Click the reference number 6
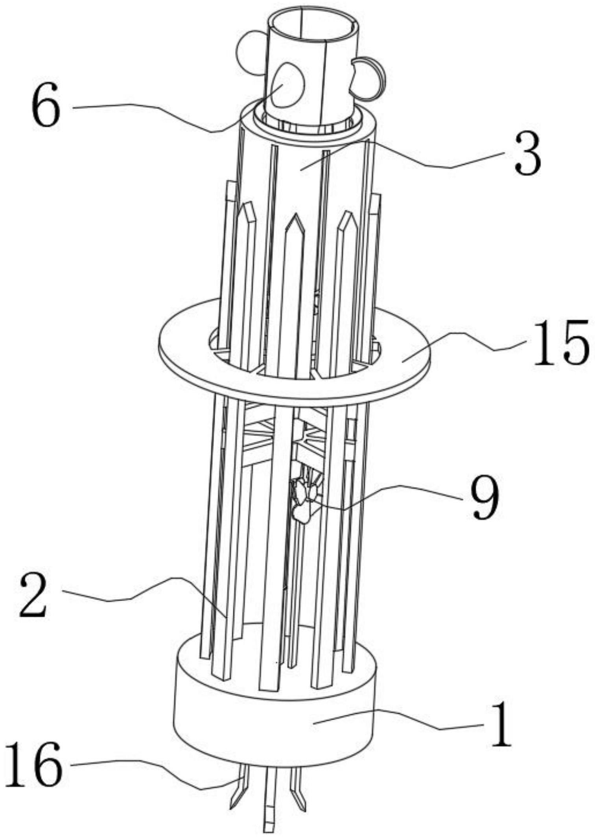(x=46, y=105)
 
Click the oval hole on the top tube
(x=289, y=85)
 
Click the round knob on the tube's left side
(x=250, y=53)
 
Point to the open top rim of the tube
(x=313, y=24)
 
